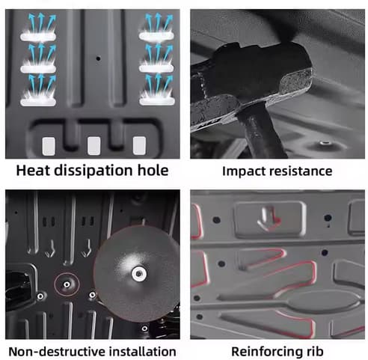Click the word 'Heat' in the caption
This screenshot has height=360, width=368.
click(34, 171)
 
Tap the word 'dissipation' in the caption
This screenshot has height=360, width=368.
click(93, 171)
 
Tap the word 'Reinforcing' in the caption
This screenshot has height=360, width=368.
click(267, 353)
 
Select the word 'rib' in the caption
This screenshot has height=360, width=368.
click(315, 352)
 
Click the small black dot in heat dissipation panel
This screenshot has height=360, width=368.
click(98, 58)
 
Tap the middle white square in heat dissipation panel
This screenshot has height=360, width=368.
click(94, 146)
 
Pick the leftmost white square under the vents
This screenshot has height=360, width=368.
click(49, 146)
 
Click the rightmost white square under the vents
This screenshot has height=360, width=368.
click(139, 145)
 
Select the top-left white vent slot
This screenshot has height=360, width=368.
click(38, 37)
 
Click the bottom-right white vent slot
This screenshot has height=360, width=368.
click(157, 101)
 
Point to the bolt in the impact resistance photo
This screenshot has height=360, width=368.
click(325, 143)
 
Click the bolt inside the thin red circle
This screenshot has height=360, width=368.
click(67, 284)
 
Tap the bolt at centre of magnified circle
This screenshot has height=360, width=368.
click(139, 274)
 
